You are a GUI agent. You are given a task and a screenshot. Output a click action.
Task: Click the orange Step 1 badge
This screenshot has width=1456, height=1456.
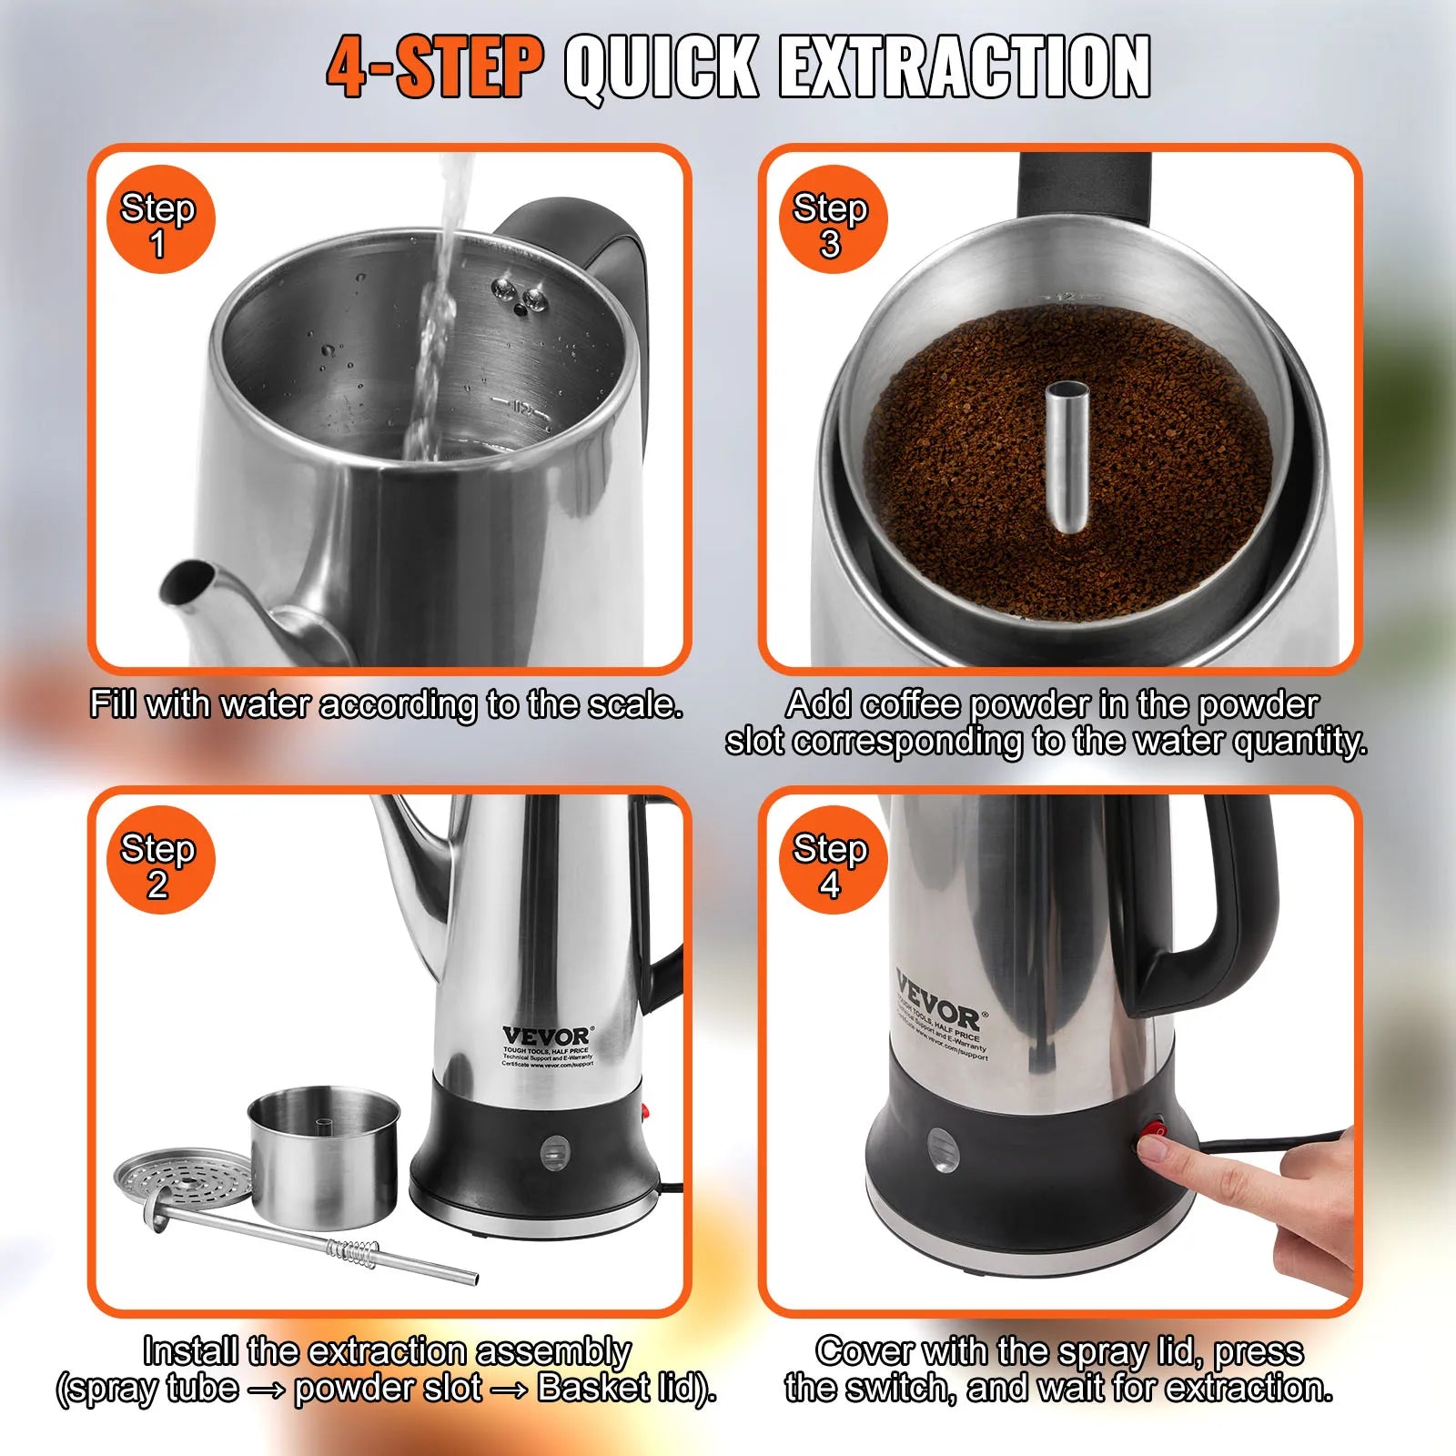[x=160, y=219]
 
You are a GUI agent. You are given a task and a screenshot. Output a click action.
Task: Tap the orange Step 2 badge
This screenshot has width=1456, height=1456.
[x=160, y=860]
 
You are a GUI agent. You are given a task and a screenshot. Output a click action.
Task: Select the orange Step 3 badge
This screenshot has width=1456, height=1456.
[x=832, y=219]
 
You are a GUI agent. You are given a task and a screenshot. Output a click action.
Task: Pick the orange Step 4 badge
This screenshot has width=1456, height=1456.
[x=832, y=860]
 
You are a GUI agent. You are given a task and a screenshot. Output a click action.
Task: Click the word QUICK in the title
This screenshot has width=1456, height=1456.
[x=662, y=67]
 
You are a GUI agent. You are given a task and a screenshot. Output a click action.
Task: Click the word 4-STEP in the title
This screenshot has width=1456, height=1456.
[x=435, y=67]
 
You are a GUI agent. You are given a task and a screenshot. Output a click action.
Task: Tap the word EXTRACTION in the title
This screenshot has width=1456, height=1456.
[x=965, y=67]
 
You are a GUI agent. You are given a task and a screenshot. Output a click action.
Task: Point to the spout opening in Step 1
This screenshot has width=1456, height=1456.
[x=187, y=581]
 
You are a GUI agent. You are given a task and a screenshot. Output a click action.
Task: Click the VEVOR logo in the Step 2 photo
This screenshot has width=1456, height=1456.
[x=546, y=1036]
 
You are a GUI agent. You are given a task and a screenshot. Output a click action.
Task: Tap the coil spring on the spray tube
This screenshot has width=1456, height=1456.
[x=353, y=1252]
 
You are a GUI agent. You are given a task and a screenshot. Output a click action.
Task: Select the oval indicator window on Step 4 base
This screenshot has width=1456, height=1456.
[x=942, y=1149]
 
